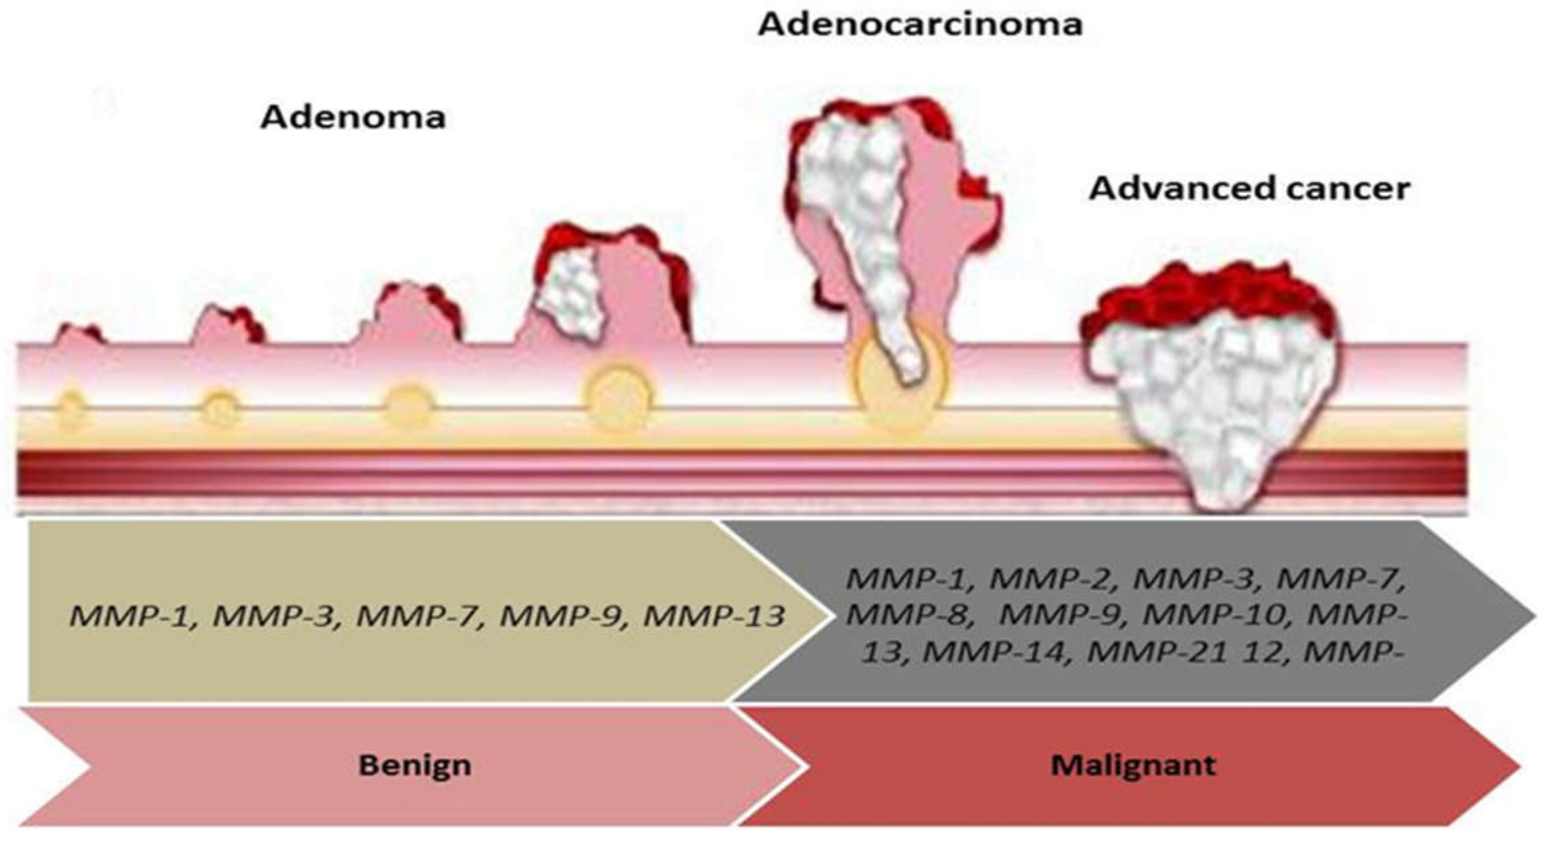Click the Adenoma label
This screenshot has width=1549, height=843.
pyautogui.click(x=353, y=117)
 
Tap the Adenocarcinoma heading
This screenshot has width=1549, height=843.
pyautogui.click(x=920, y=25)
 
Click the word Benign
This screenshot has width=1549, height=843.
pyautogui.click(x=414, y=765)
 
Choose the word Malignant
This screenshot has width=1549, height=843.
pyautogui.click(x=1133, y=765)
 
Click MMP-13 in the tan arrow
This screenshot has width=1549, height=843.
pyautogui.click(x=713, y=616)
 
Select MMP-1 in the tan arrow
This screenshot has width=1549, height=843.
pyautogui.click(x=131, y=616)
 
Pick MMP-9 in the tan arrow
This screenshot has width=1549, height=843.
pyautogui.click(x=562, y=616)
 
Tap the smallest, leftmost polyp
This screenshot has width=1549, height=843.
pyautogui.click(x=78, y=335)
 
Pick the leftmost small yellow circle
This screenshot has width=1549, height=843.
pyautogui.click(x=71, y=408)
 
